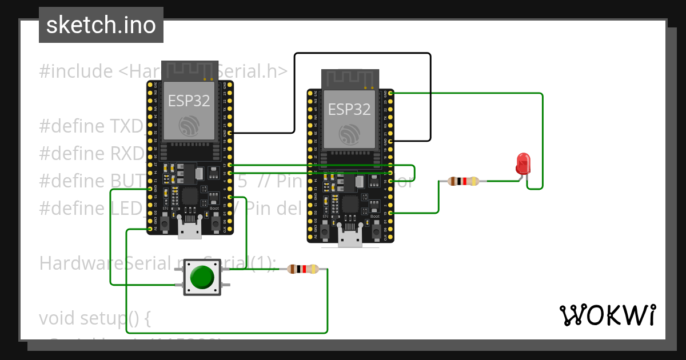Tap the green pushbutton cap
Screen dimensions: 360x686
coord(202,277)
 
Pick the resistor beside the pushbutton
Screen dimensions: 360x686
coord(302,269)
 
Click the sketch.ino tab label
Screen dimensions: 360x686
coord(101,25)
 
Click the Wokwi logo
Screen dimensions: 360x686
coord(607,315)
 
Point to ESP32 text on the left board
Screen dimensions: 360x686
coord(189,101)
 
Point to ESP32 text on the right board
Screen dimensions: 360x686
coord(349,109)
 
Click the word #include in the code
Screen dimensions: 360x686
coord(76,71)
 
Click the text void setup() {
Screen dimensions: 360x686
coord(94,318)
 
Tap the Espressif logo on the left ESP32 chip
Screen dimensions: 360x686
coord(189,125)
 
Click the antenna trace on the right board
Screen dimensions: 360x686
coord(350,79)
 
